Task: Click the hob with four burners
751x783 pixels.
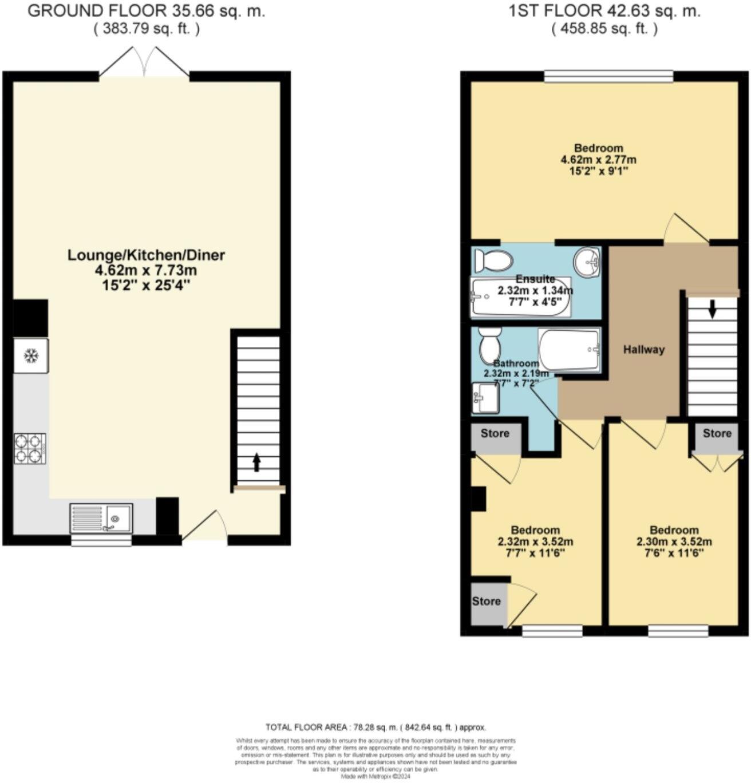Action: click(x=30, y=448)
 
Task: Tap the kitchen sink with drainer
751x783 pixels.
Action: click(x=101, y=518)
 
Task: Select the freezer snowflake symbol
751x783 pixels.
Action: click(x=30, y=356)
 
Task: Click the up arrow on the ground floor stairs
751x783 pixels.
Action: click(x=256, y=462)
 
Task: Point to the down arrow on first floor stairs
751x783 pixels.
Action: click(x=712, y=309)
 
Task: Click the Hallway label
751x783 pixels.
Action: click(x=644, y=350)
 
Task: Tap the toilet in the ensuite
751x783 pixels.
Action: click(x=493, y=261)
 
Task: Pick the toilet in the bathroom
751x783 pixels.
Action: click(x=489, y=345)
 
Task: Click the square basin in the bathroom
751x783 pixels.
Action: click(x=485, y=398)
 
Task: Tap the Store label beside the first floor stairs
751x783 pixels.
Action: click(x=717, y=434)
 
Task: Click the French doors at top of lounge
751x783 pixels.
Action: click(x=144, y=63)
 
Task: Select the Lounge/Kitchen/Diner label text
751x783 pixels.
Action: click(x=147, y=255)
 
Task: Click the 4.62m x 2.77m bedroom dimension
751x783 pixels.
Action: click(x=599, y=160)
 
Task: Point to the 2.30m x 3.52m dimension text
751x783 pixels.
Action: click(x=674, y=542)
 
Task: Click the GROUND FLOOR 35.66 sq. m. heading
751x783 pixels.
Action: click(x=147, y=11)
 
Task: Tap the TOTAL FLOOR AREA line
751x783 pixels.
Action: click(x=375, y=727)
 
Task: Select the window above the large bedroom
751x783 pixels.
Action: click(x=608, y=76)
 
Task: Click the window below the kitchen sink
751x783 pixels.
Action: click(x=101, y=540)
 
